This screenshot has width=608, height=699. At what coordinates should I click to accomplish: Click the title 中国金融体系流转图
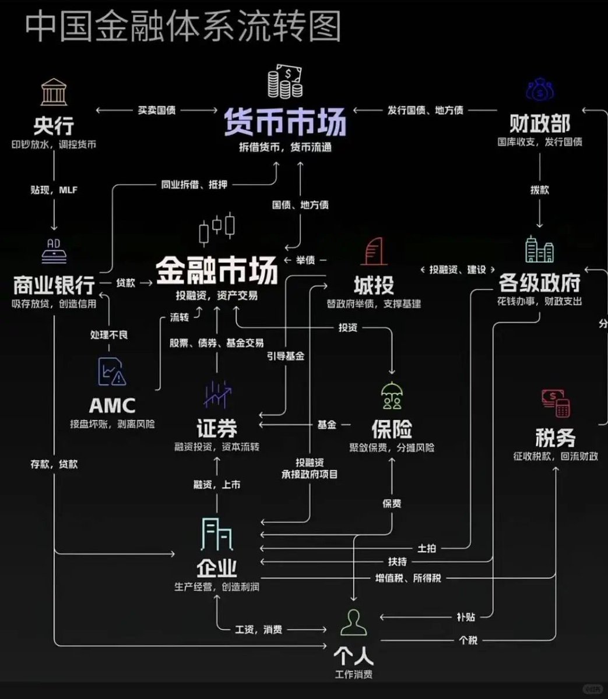[182, 28]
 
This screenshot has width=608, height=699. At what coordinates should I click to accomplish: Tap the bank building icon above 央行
[54, 92]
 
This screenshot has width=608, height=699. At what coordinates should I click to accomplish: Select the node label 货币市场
[286, 121]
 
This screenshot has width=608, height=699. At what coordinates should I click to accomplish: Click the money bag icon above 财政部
[540, 90]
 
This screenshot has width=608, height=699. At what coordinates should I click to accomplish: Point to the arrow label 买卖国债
[156, 110]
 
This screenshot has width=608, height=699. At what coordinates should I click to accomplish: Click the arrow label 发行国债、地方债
[425, 110]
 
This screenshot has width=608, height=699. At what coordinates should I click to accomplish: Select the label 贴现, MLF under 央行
[54, 190]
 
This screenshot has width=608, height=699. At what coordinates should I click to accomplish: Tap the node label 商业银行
[54, 285]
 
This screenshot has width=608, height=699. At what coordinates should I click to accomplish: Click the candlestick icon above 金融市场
[216, 228]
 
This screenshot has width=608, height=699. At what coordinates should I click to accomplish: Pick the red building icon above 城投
[374, 252]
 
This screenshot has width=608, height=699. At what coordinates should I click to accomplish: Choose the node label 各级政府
[539, 283]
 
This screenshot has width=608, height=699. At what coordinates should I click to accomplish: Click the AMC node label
[112, 405]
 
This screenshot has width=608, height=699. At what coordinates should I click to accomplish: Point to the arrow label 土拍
[427, 548]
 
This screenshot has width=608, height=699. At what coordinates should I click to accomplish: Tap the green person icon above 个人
[353, 623]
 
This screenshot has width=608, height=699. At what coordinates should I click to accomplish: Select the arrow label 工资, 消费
[258, 630]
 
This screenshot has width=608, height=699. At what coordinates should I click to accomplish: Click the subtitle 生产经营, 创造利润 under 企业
[216, 587]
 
